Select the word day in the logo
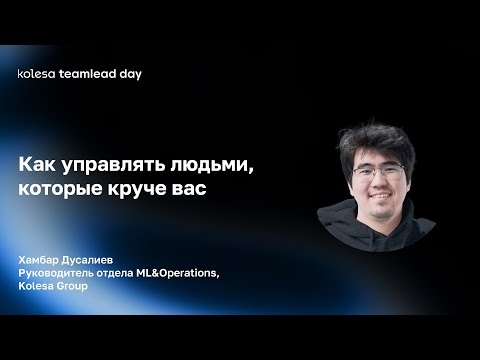129,74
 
